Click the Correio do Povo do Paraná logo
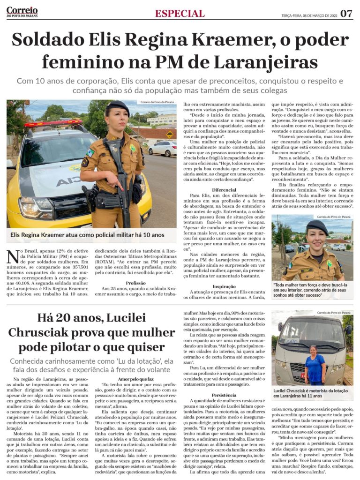point(22,12)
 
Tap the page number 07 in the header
point(346,13)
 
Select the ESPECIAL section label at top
point(180,14)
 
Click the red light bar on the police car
point(52,124)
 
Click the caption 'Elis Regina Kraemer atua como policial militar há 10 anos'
point(85,235)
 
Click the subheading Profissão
point(136,283)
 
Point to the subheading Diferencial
point(224,190)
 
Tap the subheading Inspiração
point(224,286)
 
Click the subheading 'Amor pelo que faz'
point(136,379)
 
